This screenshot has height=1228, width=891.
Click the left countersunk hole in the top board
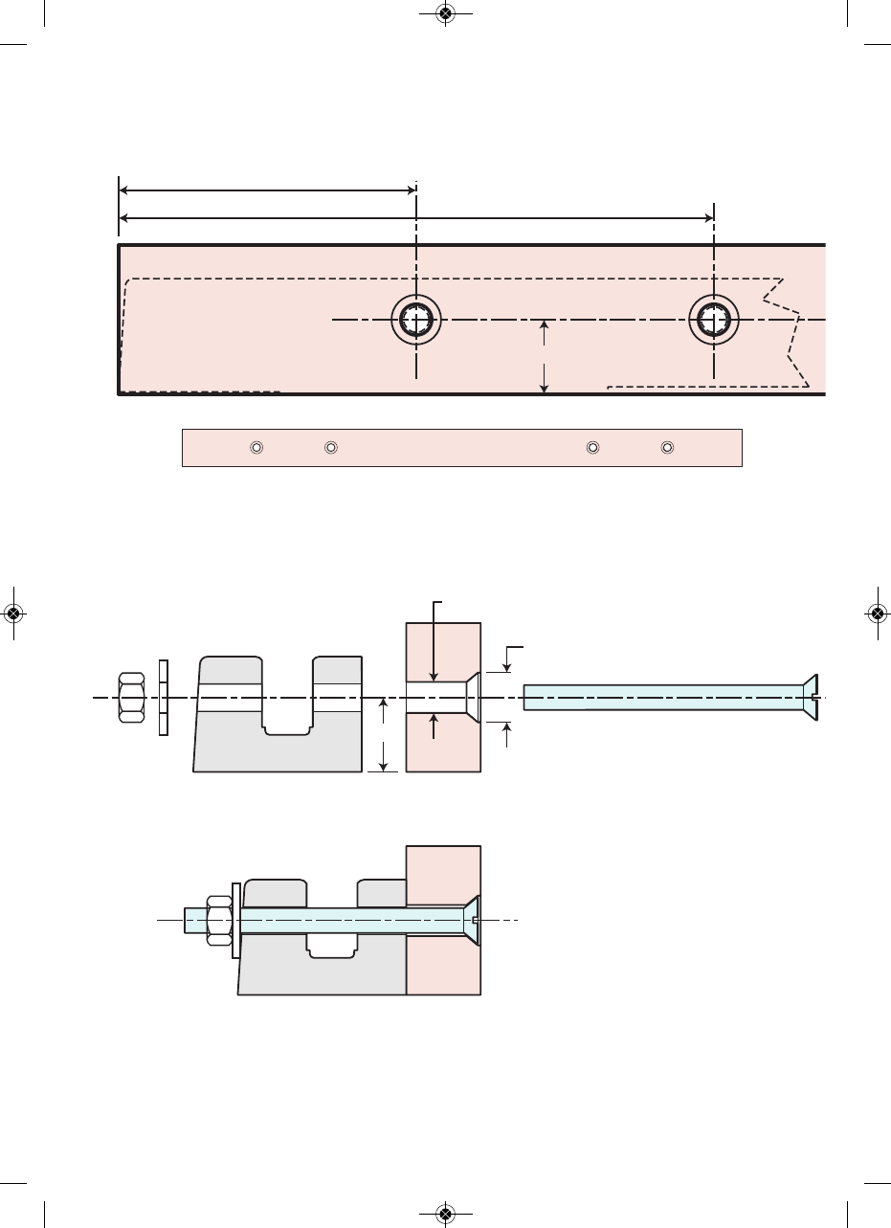416,319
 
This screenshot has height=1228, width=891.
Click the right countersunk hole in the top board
714,319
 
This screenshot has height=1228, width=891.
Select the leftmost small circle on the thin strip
256,447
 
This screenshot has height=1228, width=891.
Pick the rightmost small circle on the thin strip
667,447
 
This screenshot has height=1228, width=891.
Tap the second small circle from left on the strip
330,447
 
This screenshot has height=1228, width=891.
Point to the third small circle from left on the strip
592,447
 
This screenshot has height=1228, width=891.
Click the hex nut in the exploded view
131,699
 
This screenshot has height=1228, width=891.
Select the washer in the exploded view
163,698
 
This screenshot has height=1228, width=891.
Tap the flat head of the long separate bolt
811,698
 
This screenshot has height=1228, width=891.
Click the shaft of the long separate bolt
660,698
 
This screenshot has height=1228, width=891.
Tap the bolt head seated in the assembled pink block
472,920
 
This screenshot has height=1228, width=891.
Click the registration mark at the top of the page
444,13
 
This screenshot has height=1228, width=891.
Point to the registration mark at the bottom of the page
444,1214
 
